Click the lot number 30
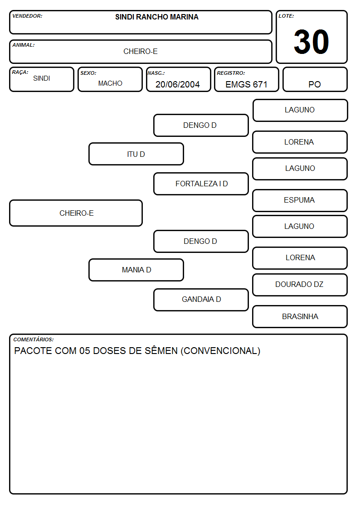[311, 42]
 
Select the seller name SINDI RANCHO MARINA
[157, 17]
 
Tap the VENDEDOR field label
[27, 16]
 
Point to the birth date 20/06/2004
[178, 84]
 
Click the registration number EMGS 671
[246, 84]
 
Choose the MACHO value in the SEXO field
[110, 83]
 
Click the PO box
[315, 79]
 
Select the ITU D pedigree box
[136, 154]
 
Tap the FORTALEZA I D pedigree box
[201, 184]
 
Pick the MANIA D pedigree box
[136, 270]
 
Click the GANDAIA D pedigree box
[201, 300]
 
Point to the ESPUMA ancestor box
[300, 200]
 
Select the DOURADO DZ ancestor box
[300, 285]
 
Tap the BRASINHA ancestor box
[300, 316]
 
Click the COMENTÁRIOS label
[34, 339]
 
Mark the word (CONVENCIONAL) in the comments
[220, 351]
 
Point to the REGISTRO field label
[231, 73]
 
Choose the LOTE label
[286, 16]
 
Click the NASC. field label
[156, 73]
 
